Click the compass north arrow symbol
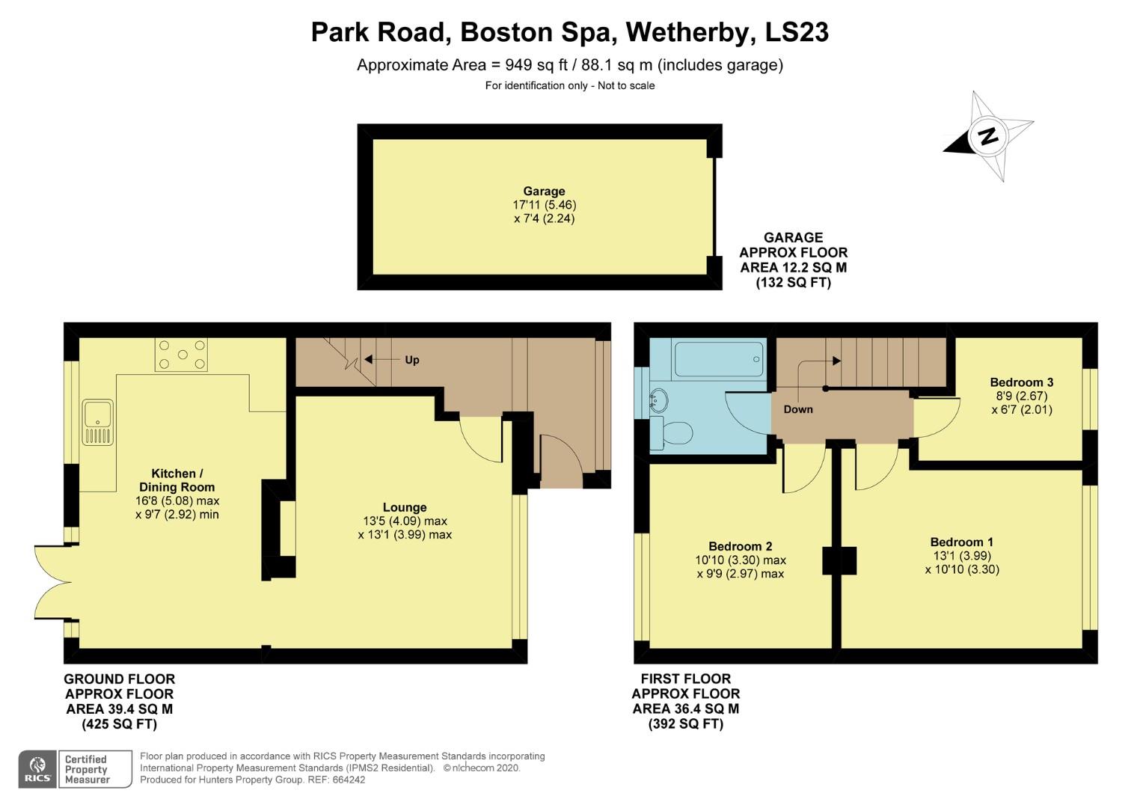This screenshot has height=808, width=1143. click(989, 136)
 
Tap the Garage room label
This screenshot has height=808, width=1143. click(544, 192)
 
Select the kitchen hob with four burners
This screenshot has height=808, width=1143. click(180, 355)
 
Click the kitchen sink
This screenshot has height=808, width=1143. click(98, 421)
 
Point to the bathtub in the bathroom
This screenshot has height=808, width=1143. click(718, 360)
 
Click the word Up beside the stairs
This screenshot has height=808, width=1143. click(411, 360)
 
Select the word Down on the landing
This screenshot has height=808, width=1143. click(798, 409)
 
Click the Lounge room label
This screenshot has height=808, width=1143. click(405, 507)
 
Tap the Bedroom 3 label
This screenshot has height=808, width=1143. click(1021, 382)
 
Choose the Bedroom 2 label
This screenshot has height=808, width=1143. click(740, 546)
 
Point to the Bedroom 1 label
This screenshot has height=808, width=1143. click(961, 542)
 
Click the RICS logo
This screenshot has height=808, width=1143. click(37, 769)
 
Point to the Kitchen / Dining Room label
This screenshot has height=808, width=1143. click(177, 480)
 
